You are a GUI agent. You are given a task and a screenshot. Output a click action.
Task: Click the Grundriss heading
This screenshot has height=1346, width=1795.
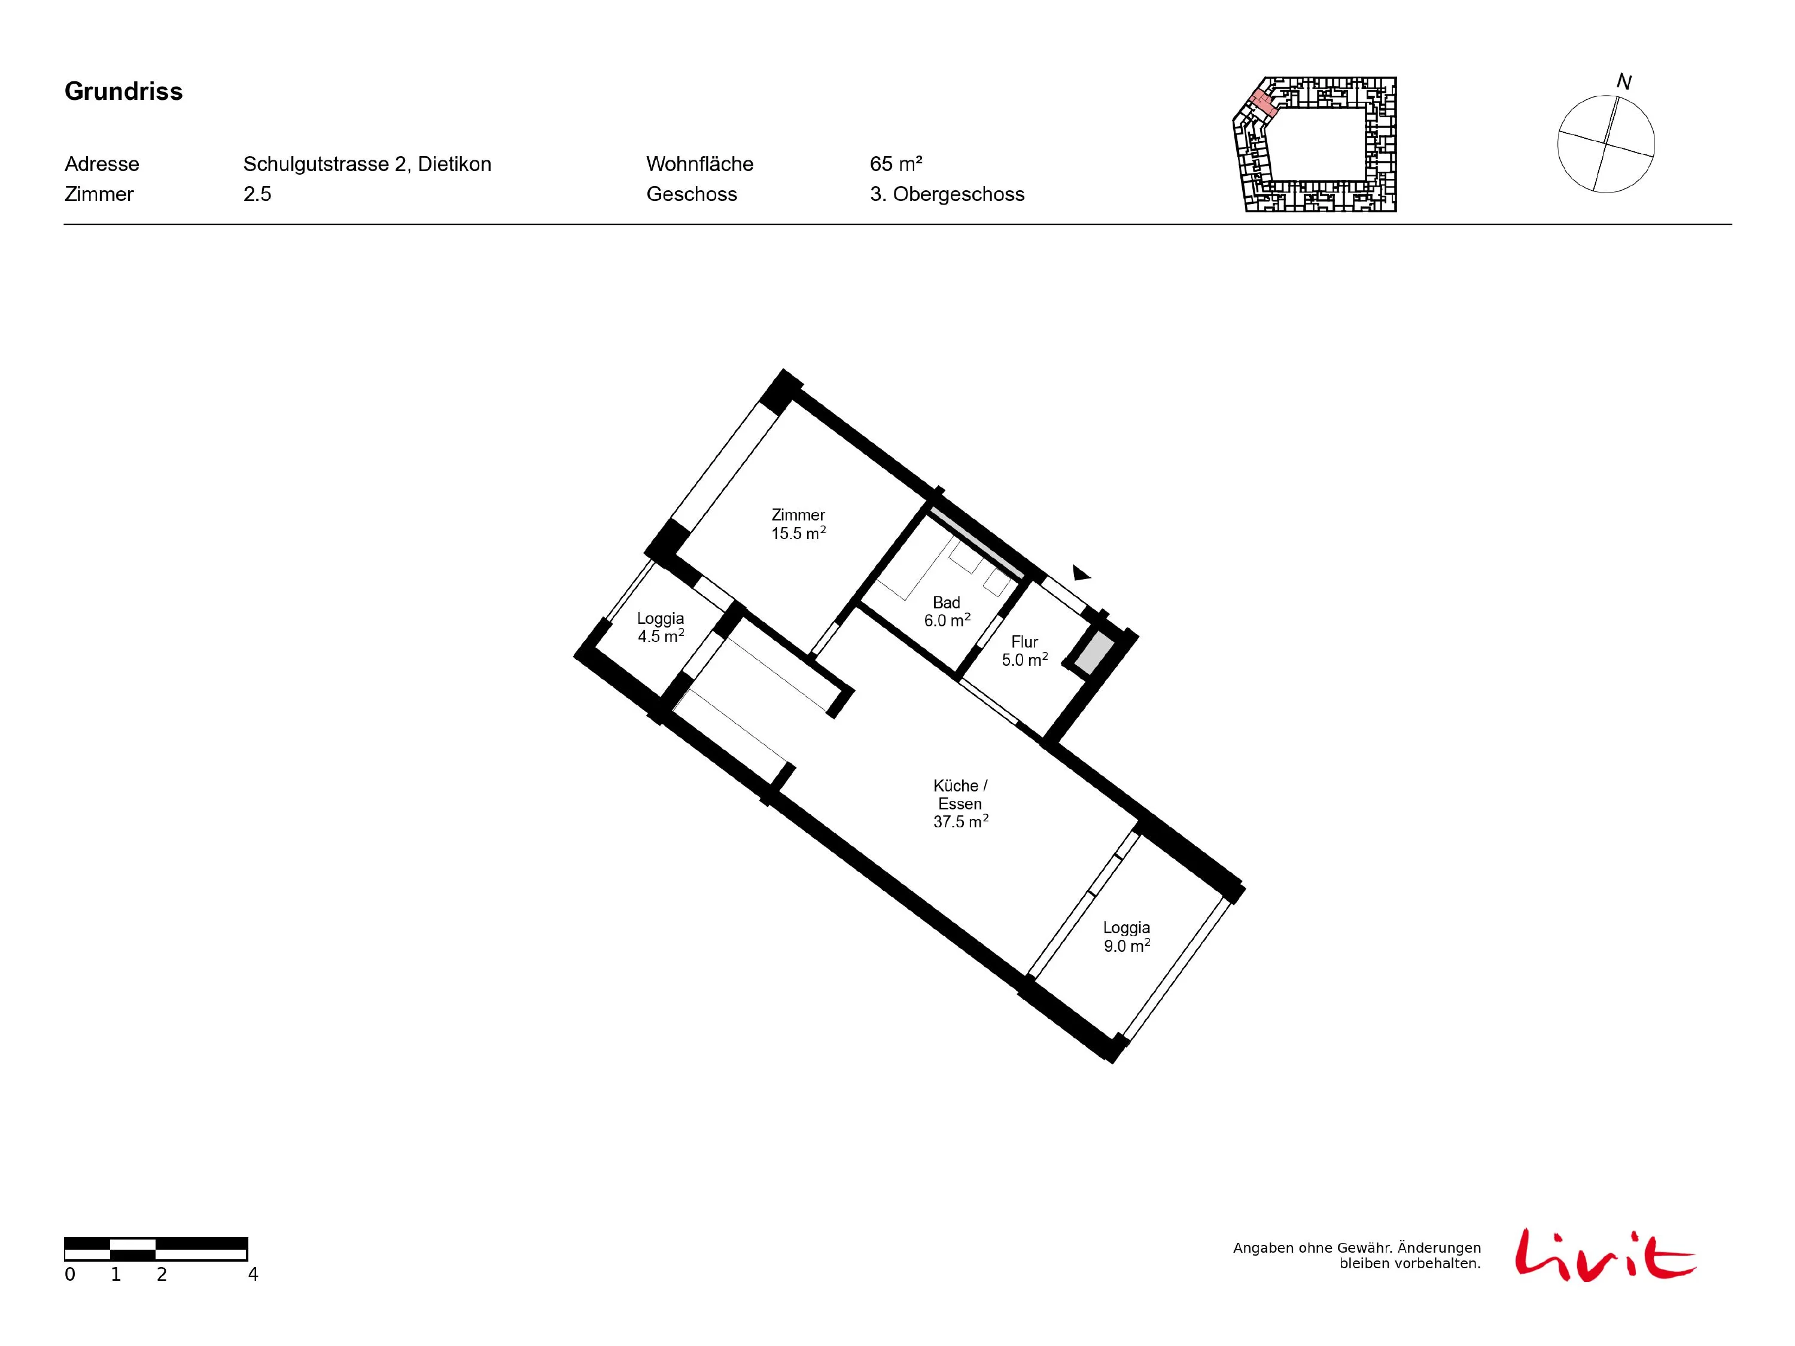click(123, 91)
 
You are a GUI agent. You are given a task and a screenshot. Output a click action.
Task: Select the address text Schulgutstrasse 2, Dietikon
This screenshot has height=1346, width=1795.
click(367, 164)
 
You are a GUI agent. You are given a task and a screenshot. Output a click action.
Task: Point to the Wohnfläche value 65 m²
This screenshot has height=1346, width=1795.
click(896, 164)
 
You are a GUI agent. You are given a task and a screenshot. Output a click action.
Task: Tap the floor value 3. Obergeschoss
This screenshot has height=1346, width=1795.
click(947, 194)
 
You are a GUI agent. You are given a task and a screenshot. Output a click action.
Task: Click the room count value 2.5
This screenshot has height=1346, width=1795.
click(257, 194)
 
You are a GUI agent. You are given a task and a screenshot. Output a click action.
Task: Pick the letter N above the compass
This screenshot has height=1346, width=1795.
click(1624, 82)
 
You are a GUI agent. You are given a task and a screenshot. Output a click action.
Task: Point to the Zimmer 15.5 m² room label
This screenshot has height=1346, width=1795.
click(799, 524)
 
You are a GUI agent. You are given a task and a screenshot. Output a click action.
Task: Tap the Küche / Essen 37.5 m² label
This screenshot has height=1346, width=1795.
click(961, 803)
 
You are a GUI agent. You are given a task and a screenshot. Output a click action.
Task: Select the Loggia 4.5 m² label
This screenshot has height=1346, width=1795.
click(661, 627)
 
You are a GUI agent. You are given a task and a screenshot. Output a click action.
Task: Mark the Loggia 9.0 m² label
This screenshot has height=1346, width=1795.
click(1126, 936)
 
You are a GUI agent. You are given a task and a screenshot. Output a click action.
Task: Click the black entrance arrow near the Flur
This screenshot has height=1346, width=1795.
click(1081, 573)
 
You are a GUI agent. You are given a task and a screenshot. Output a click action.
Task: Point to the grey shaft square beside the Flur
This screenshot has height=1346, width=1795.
click(1093, 654)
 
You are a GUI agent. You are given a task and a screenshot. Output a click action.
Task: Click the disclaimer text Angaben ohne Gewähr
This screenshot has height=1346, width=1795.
click(1299, 1248)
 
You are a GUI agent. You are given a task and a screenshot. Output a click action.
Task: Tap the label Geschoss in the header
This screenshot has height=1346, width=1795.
click(692, 194)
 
